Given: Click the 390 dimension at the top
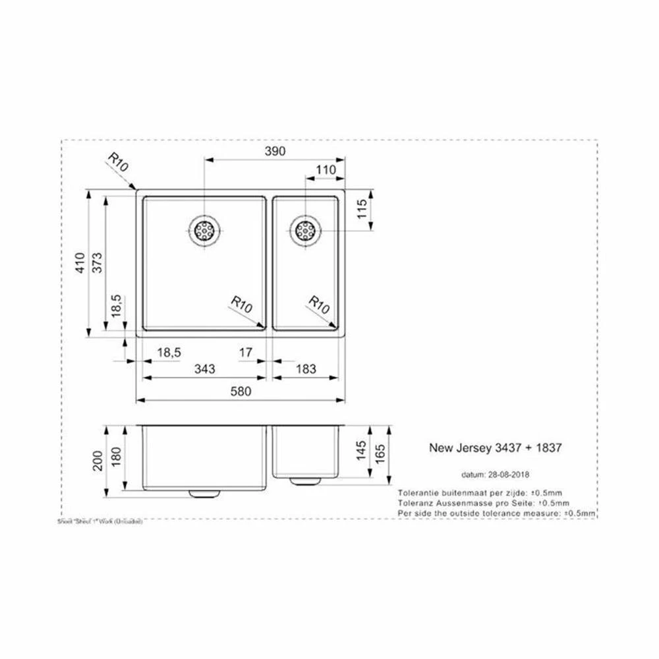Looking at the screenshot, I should click(x=275, y=152).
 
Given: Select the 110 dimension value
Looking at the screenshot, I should click(x=326, y=170).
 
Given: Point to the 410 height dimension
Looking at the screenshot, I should click(x=80, y=264).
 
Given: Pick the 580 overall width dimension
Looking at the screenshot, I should click(x=241, y=391).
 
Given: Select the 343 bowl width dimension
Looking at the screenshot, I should click(x=205, y=370).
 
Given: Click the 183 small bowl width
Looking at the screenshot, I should click(x=307, y=370).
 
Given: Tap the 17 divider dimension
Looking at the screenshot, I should click(x=245, y=353).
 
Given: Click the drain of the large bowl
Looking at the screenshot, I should click(x=204, y=230).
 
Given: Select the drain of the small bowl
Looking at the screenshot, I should click(x=305, y=230).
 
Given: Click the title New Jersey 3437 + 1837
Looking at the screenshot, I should click(x=495, y=447).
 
